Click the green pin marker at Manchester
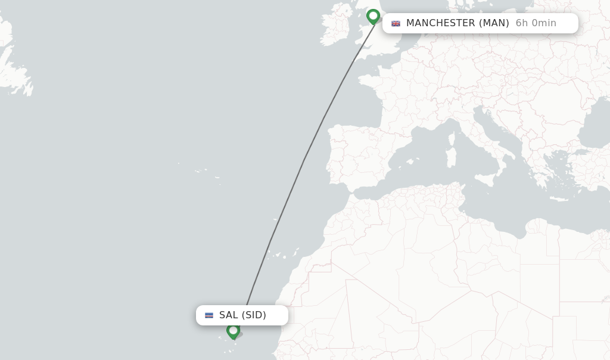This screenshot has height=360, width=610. [x=374, y=16]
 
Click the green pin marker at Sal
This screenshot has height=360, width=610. [x=233, y=330]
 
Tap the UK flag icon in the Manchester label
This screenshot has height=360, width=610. [x=396, y=23]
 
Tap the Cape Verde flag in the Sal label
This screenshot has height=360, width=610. [x=209, y=315]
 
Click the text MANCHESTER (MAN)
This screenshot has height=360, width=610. [x=457, y=23]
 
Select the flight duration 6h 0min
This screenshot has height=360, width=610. [x=536, y=23]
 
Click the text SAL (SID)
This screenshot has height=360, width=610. [x=242, y=315]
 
